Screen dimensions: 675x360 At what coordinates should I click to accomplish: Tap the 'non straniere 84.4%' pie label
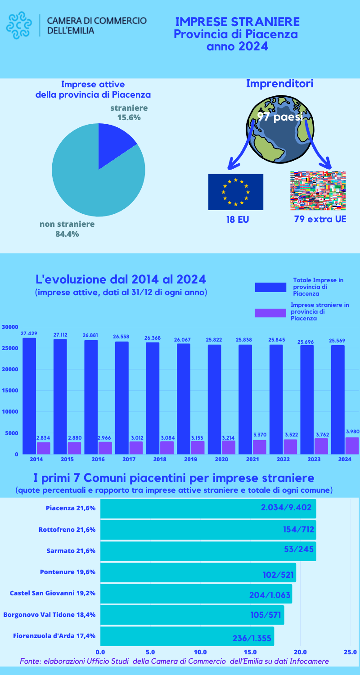[x=67, y=229]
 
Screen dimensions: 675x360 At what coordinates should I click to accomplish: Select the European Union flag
[x=235, y=192]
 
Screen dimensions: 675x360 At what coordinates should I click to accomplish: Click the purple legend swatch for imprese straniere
[x=270, y=313]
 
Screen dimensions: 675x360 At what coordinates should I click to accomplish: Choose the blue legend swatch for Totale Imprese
[x=270, y=287]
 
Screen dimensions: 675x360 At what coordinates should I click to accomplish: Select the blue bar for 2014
[x=29, y=396]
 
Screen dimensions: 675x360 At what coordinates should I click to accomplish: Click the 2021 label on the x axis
[x=252, y=459]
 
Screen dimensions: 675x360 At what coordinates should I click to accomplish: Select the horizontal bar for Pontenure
[x=198, y=572]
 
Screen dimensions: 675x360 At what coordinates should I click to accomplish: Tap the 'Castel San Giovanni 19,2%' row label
[x=53, y=593]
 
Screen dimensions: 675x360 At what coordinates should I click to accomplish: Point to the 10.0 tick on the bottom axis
[x=200, y=652]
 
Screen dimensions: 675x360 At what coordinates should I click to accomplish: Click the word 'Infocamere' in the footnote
[x=309, y=661]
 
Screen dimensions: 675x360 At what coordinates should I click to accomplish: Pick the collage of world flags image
[x=318, y=191]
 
